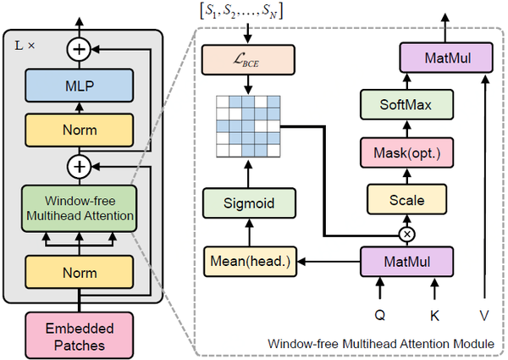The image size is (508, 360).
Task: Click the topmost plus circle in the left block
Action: pyautogui.click(x=80, y=50)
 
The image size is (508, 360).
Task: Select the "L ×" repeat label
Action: pyautogui.click(x=26, y=41)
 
